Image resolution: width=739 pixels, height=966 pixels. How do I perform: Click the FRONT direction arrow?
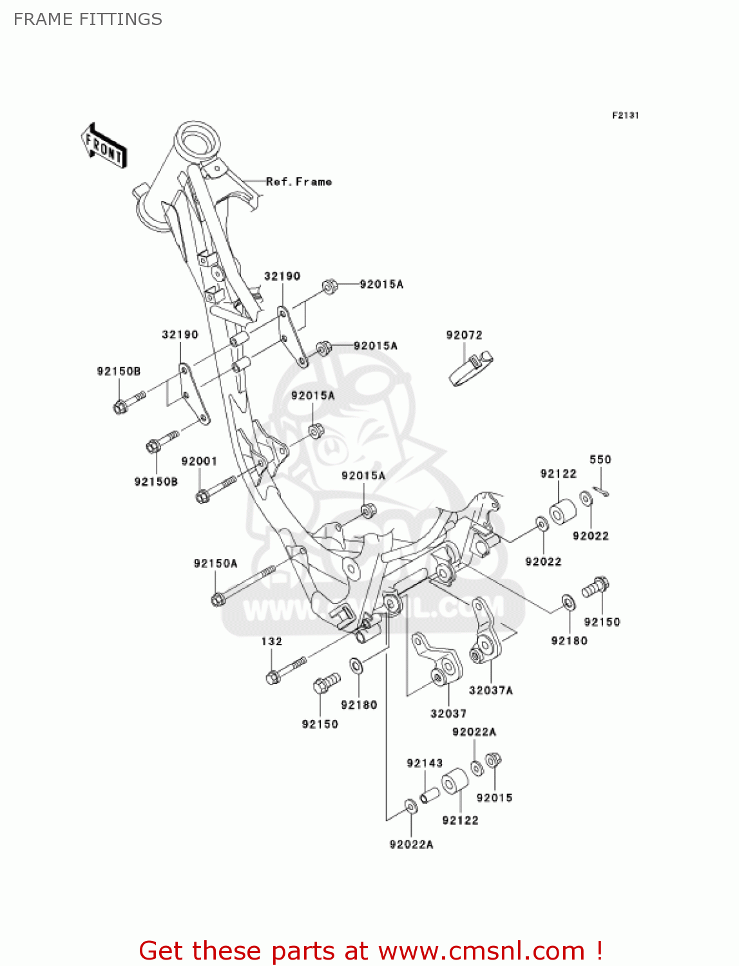point(104,147)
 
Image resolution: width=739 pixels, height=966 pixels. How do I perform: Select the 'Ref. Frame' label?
point(299,182)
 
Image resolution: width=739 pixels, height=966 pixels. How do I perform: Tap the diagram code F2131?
point(625,115)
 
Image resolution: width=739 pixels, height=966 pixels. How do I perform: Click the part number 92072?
point(464,335)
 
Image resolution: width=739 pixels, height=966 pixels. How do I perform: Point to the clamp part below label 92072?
point(470,368)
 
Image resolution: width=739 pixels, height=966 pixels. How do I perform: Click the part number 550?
point(600,459)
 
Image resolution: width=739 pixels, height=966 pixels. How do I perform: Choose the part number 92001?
point(199,461)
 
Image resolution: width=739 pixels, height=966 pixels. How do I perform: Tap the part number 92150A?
point(215,563)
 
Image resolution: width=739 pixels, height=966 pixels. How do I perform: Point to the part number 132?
point(271,641)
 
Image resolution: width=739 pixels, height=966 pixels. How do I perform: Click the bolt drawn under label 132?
point(286,670)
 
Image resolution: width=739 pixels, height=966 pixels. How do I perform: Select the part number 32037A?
point(490,690)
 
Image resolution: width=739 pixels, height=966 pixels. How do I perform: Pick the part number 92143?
point(425,763)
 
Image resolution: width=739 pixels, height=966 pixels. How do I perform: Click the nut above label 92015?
point(493,761)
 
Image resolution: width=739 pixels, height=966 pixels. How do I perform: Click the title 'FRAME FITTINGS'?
point(88,19)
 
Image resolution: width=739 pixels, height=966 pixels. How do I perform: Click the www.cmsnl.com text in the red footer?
point(481,951)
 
